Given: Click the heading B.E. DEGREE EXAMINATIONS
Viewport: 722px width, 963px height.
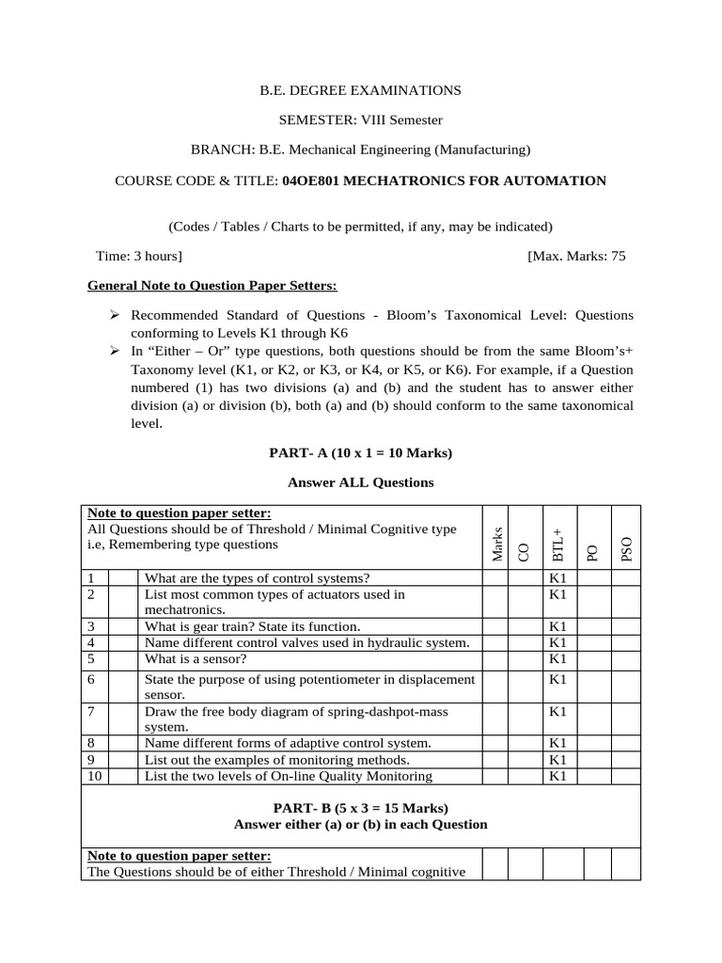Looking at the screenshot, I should pos(360,90).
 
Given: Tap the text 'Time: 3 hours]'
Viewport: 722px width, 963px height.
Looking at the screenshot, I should pos(139,256).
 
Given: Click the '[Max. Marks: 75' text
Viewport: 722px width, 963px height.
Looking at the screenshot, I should pos(576,256).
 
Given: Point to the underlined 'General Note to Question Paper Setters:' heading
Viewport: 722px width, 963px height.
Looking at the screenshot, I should pos(212,285).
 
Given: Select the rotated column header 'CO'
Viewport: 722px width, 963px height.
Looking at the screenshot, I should pos(524,553).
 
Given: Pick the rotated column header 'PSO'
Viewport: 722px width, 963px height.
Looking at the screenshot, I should pos(627,550).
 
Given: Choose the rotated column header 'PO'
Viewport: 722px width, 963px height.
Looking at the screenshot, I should pos(592,553).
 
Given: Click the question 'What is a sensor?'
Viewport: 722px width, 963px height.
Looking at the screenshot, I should pos(194,657).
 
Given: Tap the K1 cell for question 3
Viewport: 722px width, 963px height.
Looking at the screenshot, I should pos(557,625).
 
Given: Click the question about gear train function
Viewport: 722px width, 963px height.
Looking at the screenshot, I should pos(252,625).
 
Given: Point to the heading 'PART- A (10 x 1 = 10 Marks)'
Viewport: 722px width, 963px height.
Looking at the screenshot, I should pos(360,452).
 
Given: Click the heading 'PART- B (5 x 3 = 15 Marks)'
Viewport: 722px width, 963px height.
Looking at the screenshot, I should pos(360,808).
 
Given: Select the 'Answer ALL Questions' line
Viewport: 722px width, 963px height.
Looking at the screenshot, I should pos(360,482).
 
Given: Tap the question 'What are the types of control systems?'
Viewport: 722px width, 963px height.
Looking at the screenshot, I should pos(257,577).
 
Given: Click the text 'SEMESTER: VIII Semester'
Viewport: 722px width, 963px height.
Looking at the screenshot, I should pos(360,119).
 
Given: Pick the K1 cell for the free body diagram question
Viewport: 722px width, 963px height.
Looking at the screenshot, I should pos(557,712).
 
